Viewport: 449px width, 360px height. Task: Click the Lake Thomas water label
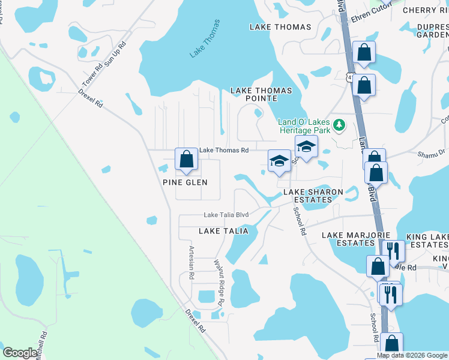(x=205, y=39)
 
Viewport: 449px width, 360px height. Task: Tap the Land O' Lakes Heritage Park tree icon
(x=340, y=125)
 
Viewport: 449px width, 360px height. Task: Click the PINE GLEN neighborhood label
(x=185, y=182)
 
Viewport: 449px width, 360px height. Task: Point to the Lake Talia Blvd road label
(x=226, y=215)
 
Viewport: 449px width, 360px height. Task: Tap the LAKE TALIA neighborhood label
(x=223, y=231)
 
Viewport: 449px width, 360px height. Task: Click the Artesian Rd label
(x=191, y=263)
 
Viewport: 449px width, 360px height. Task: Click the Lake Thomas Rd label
(x=224, y=150)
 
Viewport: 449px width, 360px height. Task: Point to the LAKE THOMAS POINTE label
(x=262, y=94)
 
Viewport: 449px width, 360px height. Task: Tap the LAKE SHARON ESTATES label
(x=313, y=196)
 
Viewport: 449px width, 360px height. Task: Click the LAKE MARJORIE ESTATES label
(x=357, y=239)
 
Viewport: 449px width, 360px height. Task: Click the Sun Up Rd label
(x=116, y=53)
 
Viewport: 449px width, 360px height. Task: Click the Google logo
(x=20, y=353)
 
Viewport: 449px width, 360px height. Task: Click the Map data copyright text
(x=412, y=355)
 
